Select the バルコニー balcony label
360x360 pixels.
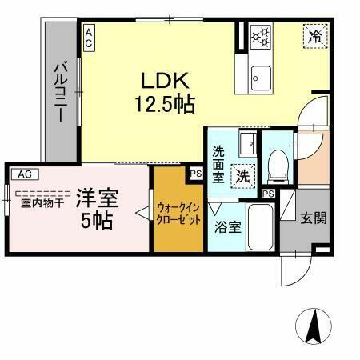click(59, 90)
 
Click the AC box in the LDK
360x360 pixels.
click(88, 35)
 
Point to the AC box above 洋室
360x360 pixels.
click(24, 173)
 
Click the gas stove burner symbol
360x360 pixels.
click(262, 37)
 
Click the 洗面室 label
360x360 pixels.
click(218, 163)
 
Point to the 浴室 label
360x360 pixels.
click(227, 227)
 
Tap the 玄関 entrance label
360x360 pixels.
click(312, 218)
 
